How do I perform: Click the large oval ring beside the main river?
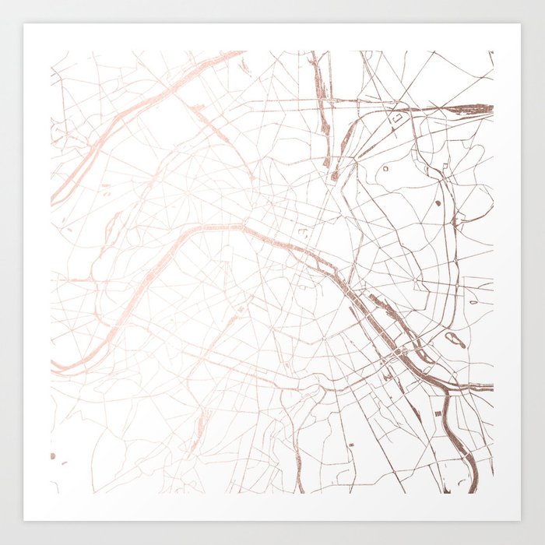click(x=455, y=339)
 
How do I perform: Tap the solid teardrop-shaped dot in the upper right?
click(x=437, y=202)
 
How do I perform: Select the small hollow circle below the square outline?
click(x=385, y=167)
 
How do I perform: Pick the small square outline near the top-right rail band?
click(x=397, y=118)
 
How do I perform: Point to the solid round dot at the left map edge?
click(x=53, y=455)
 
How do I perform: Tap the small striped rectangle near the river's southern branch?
click(x=438, y=413)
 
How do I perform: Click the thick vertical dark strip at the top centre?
click(x=321, y=86)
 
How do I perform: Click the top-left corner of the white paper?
click(x=24, y=24)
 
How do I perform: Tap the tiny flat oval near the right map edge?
click(x=473, y=302)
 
